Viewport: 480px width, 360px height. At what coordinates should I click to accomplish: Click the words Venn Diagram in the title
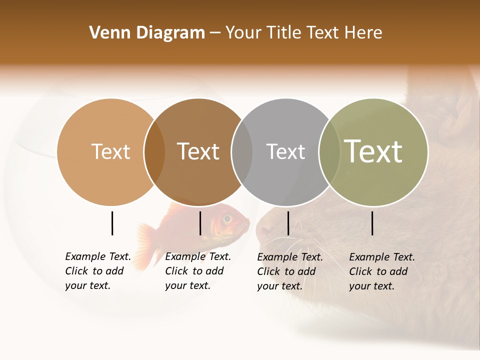click(147, 33)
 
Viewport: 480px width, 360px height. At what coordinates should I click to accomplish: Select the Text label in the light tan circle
click(110, 151)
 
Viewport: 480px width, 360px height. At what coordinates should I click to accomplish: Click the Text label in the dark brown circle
click(198, 151)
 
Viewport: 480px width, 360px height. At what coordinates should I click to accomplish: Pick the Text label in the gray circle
click(285, 151)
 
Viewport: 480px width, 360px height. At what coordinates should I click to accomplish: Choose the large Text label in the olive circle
click(373, 151)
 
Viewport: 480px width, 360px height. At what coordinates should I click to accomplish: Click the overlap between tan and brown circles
click(154, 152)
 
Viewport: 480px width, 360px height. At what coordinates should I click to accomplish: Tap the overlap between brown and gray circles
click(242, 152)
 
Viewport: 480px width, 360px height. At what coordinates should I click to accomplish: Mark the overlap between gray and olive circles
click(329, 152)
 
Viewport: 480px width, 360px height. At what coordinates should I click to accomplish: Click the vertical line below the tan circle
click(112, 223)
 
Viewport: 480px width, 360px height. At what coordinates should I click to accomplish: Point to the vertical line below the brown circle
click(200, 223)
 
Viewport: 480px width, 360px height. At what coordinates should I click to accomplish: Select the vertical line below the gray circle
click(288, 223)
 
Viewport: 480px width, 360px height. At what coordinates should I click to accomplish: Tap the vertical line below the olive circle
click(372, 223)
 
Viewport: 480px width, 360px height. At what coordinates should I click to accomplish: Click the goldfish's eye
click(227, 218)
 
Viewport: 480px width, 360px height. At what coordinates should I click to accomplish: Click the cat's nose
click(261, 231)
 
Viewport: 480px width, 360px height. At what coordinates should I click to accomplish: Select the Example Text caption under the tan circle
click(97, 271)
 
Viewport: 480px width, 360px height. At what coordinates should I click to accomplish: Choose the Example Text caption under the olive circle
click(381, 271)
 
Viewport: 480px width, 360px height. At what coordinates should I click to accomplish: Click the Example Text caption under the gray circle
click(289, 271)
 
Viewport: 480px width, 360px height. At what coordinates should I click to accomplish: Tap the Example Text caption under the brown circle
click(197, 271)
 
